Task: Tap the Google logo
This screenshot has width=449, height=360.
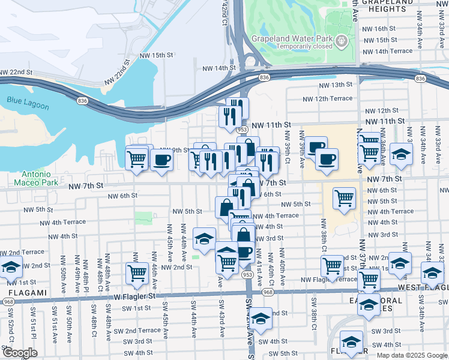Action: point(20,352)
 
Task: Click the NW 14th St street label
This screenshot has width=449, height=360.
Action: point(216,68)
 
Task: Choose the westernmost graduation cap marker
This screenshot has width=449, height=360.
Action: point(10,266)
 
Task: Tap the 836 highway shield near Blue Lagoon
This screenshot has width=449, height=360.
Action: point(81,101)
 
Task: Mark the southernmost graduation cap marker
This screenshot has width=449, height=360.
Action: point(351,341)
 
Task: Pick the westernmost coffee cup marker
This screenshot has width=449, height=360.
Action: point(161,160)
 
